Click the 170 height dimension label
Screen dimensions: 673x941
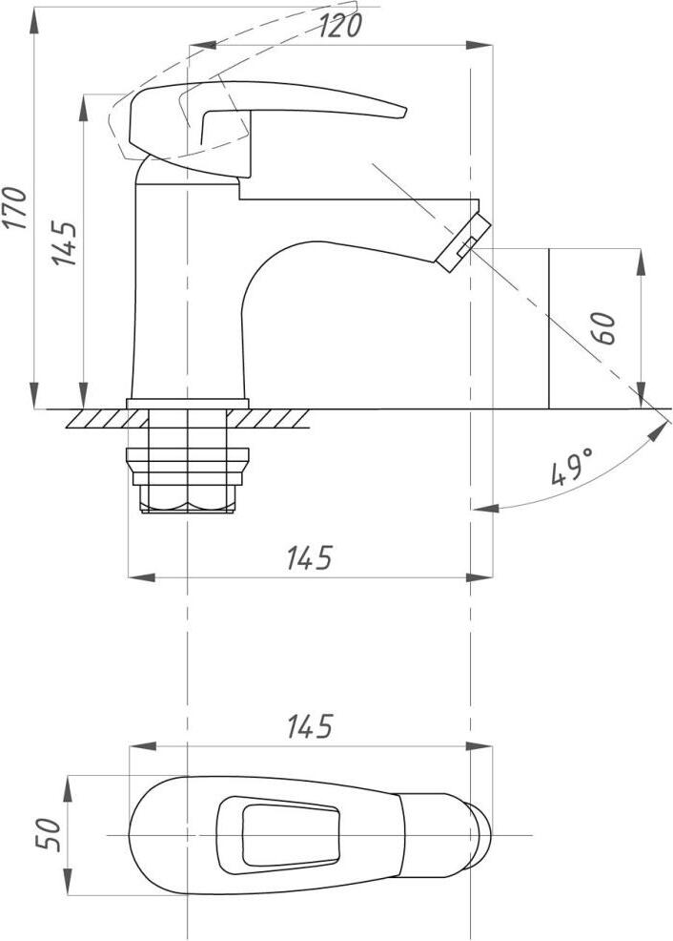(x=14, y=208)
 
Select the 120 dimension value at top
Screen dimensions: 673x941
(x=340, y=26)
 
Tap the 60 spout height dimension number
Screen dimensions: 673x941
(x=606, y=328)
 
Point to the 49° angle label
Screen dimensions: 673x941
(x=572, y=467)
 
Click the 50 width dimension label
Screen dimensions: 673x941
(x=50, y=834)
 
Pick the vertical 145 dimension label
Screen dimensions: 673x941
(x=64, y=243)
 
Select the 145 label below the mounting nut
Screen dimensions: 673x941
(x=309, y=558)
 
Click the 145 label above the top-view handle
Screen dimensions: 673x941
(x=309, y=727)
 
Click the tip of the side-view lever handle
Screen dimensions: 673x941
(x=405, y=113)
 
